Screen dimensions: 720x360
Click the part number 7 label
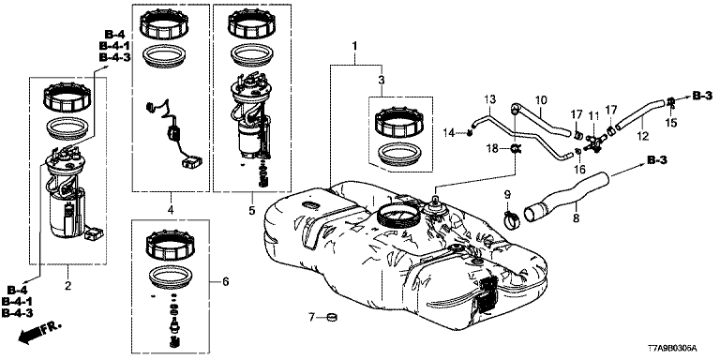(311, 317)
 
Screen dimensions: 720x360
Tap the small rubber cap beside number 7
(331, 317)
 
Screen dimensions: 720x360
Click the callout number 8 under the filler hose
(576, 217)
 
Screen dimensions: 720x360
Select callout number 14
(449, 133)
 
